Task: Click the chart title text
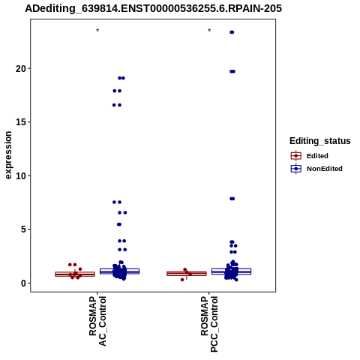[x=153, y=9]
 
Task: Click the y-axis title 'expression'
[x=8, y=155]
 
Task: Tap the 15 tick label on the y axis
[x=21, y=122]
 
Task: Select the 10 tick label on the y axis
[x=21, y=175]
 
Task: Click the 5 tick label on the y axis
[x=23, y=229]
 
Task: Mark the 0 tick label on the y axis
[x=23, y=283]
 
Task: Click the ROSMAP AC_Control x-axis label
[x=97, y=321]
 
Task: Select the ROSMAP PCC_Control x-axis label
[x=209, y=324]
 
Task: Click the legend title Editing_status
[x=320, y=141]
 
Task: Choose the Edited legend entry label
[x=317, y=156]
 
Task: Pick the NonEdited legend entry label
[x=325, y=169]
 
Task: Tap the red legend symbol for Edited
[x=296, y=156]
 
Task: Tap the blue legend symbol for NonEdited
[x=296, y=169]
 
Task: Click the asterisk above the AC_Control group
[x=97, y=31]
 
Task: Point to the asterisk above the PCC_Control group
[x=209, y=31]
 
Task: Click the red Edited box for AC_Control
[x=75, y=274]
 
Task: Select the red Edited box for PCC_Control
[x=187, y=274]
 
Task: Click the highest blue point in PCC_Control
[x=232, y=32]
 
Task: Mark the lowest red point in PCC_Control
[x=182, y=280]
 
